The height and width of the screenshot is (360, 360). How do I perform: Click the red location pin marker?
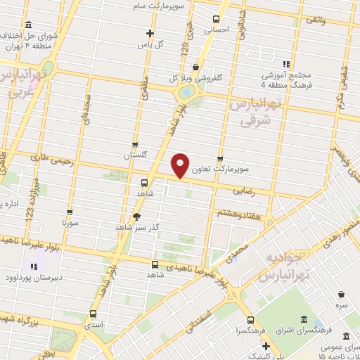tap(182, 165)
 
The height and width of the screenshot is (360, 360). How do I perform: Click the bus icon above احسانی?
tap(216, 20)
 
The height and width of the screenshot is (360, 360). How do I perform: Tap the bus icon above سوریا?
tap(69, 211)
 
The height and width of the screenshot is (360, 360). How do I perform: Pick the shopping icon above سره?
tap(342, 294)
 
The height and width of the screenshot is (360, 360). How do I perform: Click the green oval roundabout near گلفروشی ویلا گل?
tap(186, 91)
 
